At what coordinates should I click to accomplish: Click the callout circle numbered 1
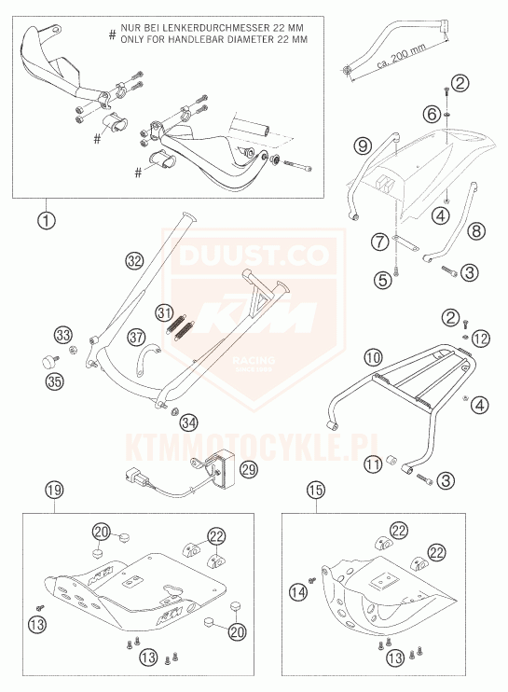pyautogui.click(x=47, y=220)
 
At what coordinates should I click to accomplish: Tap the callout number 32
pyautogui.click(x=134, y=260)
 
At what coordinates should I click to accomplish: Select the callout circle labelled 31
pyautogui.click(x=164, y=313)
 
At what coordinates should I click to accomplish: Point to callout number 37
pyautogui.click(x=136, y=338)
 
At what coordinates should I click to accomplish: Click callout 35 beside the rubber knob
pyautogui.click(x=55, y=381)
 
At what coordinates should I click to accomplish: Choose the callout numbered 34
pyautogui.click(x=188, y=423)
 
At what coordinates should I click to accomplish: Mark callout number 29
pyautogui.click(x=249, y=470)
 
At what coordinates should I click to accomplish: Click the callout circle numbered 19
pyautogui.click(x=54, y=490)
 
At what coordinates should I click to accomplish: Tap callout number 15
pyautogui.click(x=316, y=490)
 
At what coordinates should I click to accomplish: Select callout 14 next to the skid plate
pyautogui.click(x=298, y=591)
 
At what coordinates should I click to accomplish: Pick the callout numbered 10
pyautogui.click(x=374, y=357)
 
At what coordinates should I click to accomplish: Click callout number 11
pyautogui.click(x=373, y=464)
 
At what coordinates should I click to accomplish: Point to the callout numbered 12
pyautogui.click(x=480, y=339)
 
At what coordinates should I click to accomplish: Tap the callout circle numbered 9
pyautogui.click(x=363, y=146)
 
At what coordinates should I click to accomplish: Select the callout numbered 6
pyautogui.click(x=432, y=115)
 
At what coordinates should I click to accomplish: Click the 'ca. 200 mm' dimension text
pyautogui.click(x=402, y=58)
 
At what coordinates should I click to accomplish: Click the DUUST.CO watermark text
pyautogui.click(x=254, y=256)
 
